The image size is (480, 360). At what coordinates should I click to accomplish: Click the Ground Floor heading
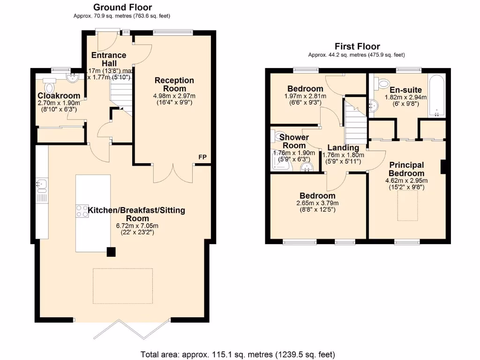point(122,7)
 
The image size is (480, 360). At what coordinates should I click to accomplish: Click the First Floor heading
point(357,46)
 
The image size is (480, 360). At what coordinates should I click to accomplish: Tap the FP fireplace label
point(202,157)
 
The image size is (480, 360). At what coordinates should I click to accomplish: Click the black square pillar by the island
point(111,252)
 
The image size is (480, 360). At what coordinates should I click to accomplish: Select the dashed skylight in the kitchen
point(122,283)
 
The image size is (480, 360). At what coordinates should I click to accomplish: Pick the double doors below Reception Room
point(173,173)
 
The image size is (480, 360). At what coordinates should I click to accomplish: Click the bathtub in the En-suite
point(436,96)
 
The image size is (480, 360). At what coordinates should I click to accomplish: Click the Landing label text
point(343,148)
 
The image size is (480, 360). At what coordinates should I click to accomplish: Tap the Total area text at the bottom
point(238,354)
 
